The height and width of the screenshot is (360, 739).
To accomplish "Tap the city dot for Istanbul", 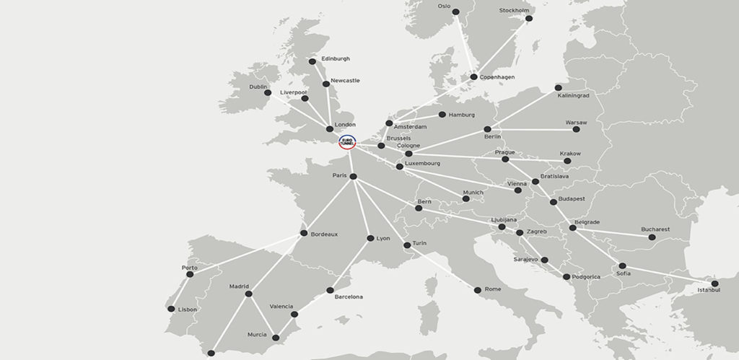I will (714, 284).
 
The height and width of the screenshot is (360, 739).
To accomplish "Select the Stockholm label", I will (515, 11).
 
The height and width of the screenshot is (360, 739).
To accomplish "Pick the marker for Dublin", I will (268, 93).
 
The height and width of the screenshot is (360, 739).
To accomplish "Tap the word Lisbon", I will (188, 309).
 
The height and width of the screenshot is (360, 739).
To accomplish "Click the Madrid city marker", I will (248, 294).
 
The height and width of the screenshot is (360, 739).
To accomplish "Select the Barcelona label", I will (349, 297).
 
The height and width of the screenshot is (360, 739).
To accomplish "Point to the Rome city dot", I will (477, 290).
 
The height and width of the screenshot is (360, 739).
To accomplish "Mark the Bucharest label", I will (655, 229).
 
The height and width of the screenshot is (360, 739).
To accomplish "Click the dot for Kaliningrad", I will (559, 88).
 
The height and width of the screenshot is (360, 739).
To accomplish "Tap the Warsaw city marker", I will (576, 129).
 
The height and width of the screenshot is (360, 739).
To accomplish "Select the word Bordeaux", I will (325, 234).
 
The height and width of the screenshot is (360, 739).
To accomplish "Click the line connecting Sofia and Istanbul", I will (668, 274).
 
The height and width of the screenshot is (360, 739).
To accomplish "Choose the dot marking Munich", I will (466, 198).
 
